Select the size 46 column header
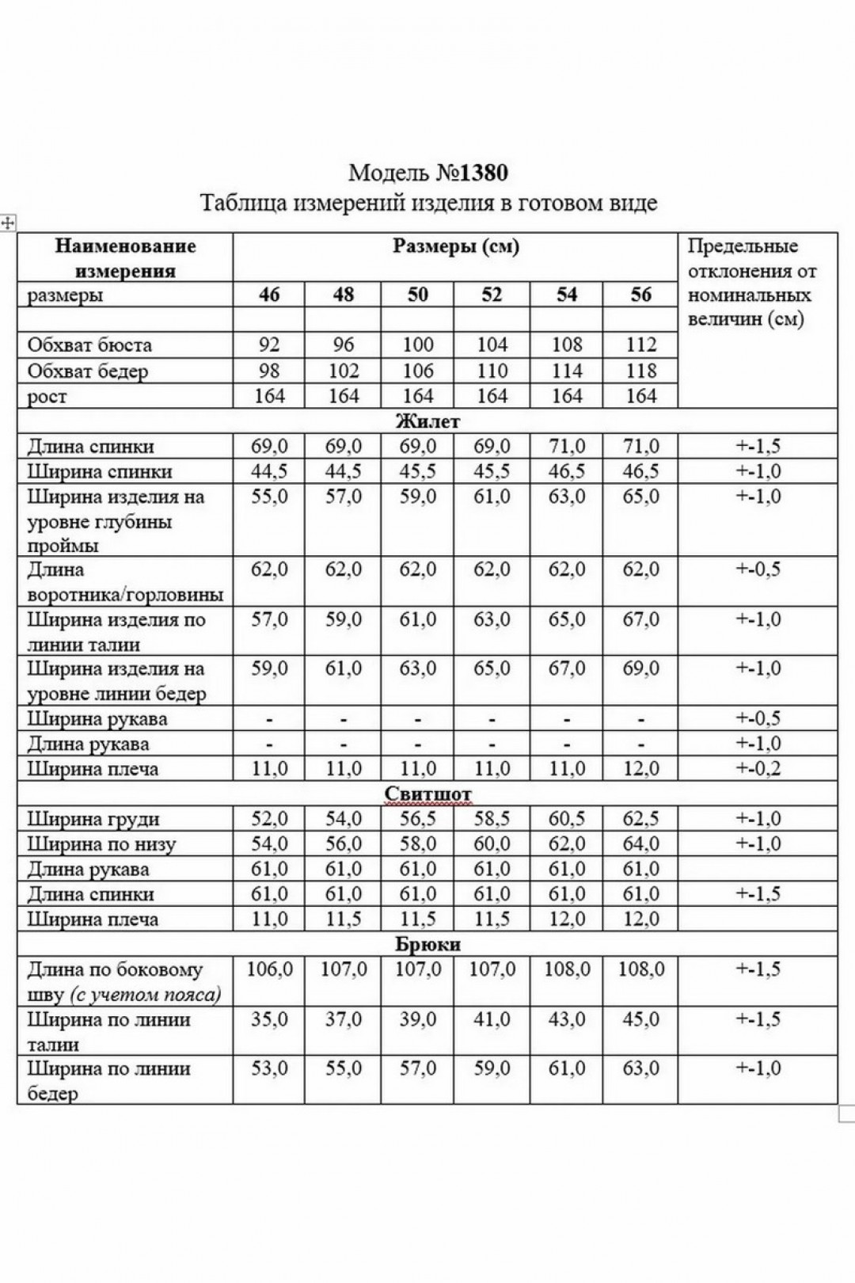(269, 295)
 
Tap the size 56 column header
(640, 295)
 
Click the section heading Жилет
(427, 421)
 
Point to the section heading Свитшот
(427, 794)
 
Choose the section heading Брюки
(427, 945)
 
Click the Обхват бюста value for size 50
(417, 345)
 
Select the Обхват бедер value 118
(640, 371)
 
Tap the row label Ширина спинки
(100, 472)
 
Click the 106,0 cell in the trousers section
(269, 969)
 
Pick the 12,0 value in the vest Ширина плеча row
(640, 769)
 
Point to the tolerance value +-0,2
(758, 769)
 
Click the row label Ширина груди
(93, 820)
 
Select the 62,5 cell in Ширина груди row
(640, 820)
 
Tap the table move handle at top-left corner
(8, 223)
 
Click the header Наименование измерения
(125, 258)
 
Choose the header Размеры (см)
(455, 246)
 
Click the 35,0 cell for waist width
(269, 1019)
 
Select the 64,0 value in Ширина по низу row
(640, 844)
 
